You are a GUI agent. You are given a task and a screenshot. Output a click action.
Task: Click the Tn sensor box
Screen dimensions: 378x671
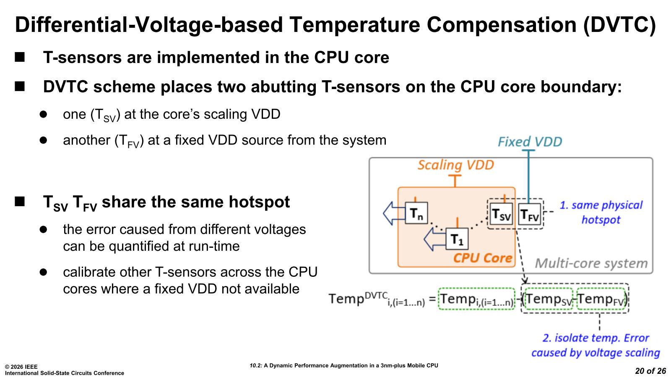pos(416,213)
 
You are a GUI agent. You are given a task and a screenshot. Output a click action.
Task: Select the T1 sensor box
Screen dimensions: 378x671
pos(456,239)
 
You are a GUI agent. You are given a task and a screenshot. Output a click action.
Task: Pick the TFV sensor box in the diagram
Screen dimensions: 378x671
pos(529,215)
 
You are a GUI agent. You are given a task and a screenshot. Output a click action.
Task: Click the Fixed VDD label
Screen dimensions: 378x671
pos(530,142)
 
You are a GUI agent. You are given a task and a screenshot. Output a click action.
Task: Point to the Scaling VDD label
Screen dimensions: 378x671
pos(455,165)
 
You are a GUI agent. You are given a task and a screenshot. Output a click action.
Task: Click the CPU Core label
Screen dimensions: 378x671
pos(483,258)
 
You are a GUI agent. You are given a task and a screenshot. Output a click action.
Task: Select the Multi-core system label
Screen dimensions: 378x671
pos(591,263)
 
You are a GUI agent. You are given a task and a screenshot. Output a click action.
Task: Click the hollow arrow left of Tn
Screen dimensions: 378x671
pos(393,213)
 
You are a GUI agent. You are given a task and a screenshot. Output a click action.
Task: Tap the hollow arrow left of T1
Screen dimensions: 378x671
pos(434,239)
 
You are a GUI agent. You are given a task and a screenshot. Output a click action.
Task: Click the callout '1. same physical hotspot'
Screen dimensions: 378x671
pos(601,212)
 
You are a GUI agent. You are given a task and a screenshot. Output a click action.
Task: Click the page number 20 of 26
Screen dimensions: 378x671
pos(650,371)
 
